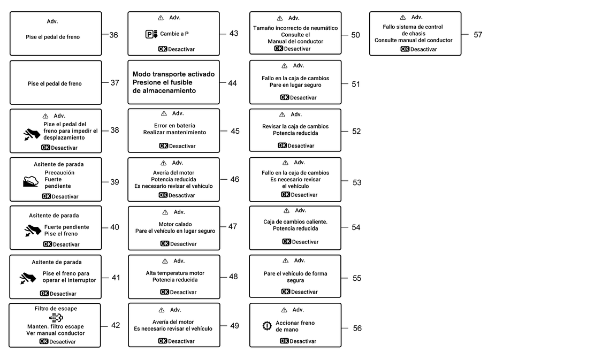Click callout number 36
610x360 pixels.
click(x=113, y=35)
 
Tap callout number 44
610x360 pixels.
click(x=232, y=83)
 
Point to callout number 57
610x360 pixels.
click(x=478, y=35)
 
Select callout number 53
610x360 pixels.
click(x=357, y=183)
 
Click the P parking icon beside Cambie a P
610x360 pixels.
click(x=151, y=34)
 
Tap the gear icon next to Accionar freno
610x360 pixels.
click(x=267, y=326)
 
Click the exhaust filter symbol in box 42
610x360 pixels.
click(x=56, y=318)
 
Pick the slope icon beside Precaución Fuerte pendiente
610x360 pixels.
click(x=30, y=181)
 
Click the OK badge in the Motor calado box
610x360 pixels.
click(x=165, y=244)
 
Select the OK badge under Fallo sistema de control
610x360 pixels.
click(x=405, y=49)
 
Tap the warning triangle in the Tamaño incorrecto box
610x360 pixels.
click(x=280, y=18)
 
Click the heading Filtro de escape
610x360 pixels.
click(x=56, y=309)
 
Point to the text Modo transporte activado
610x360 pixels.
click(x=173, y=74)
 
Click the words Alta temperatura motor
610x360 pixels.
click(x=175, y=273)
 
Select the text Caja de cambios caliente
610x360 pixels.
click(x=295, y=222)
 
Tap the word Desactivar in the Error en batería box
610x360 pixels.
click(x=182, y=146)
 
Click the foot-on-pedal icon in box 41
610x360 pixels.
click(x=28, y=278)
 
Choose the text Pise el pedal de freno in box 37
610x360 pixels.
click(x=55, y=83)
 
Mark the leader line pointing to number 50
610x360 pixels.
click(x=345, y=35)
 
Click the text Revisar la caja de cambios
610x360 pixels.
click(x=295, y=127)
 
